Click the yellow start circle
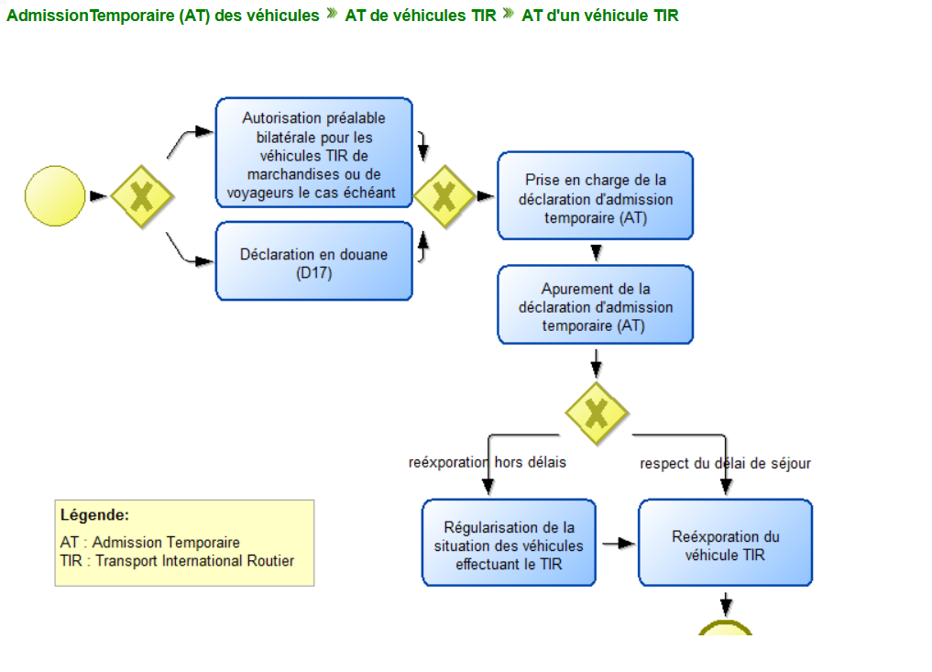(56, 195)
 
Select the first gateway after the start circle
(142, 195)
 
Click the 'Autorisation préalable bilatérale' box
(313, 155)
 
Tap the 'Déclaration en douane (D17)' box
(313, 263)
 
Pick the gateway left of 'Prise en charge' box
(444, 195)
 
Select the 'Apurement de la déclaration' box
(595, 306)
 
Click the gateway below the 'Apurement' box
(597, 413)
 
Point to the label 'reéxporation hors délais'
(487, 462)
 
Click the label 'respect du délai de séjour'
(725, 463)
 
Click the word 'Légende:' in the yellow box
(94, 515)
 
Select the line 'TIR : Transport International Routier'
(177, 560)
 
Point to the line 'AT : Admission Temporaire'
(150, 542)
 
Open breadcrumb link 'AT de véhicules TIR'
(420, 16)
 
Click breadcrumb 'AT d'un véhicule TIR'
(599, 16)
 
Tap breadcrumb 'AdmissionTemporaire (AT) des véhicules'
(163, 16)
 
